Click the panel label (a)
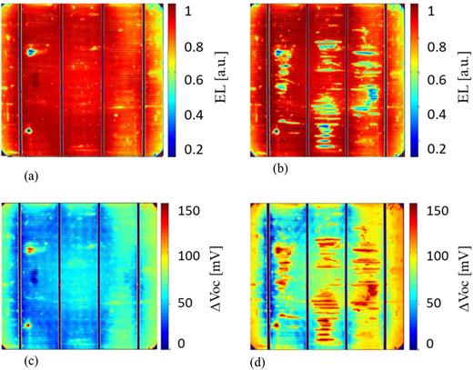pyautogui.click(x=15, y=169)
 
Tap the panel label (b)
pyautogui.click(x=253, y=168)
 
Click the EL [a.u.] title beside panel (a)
pyautogui.click(x=218, y=80)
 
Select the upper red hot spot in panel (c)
pyautogui.click(x=31, y=248)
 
